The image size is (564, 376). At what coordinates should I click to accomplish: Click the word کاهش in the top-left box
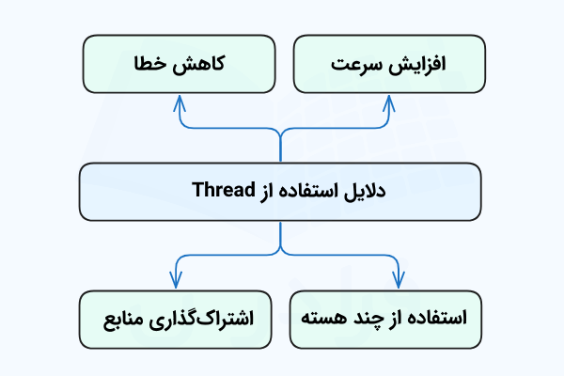tap(200, 65)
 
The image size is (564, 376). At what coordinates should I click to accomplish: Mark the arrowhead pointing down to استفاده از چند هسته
tap(397, 279)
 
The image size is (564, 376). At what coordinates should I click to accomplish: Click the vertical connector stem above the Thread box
tap(280, 146)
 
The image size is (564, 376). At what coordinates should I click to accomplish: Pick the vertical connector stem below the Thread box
tap(280, 235)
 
